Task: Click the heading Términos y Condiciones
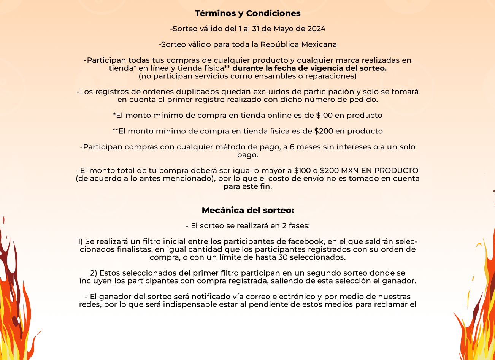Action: click(247, 14)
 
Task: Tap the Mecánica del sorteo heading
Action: click(247, 211)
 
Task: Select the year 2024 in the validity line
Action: click(316, 29)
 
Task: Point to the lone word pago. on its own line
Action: click(247, 155)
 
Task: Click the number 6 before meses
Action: click(292, 147)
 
